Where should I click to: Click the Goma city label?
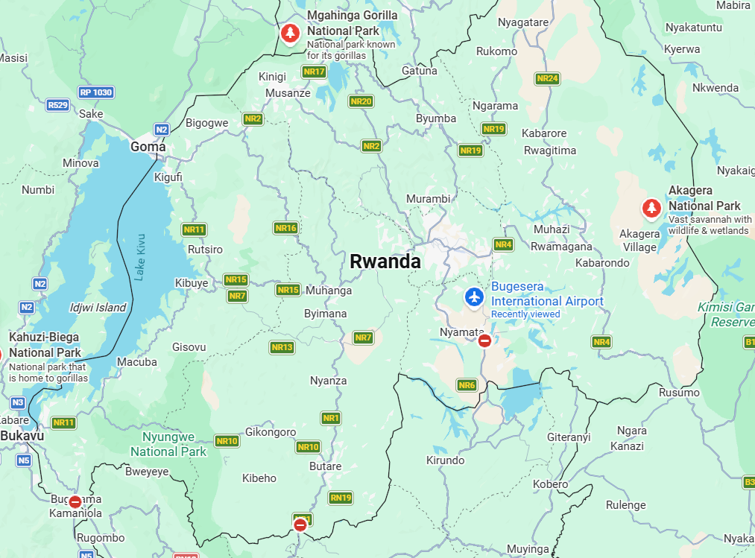[x=148, y=147]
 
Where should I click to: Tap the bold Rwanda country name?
[x=385, y=261]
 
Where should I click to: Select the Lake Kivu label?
[x=140, y=258]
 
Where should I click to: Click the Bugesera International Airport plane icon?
[x=474, y=297]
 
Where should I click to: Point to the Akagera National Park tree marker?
[x=652, y=208]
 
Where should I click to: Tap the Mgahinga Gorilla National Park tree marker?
[x=290, y=33]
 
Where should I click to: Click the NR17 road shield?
[x=315, y=72]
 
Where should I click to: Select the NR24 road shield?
[x=547, y=78]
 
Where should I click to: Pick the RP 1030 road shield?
[x=96, y=92]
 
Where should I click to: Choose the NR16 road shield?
[x=285, y=228]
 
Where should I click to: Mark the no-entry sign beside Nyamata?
[x=484, y=341]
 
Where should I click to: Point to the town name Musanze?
[x=288, y=93]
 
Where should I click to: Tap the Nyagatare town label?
[x=522, y=22]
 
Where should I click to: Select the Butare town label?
[x=325, y=466]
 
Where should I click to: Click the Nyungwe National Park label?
[x=168, y=444]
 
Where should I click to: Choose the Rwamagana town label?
[x=561, y=247]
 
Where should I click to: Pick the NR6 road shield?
[x=467, y=385]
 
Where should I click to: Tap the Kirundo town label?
[x=445, y=460]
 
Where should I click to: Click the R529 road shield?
[x=57, y=105]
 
